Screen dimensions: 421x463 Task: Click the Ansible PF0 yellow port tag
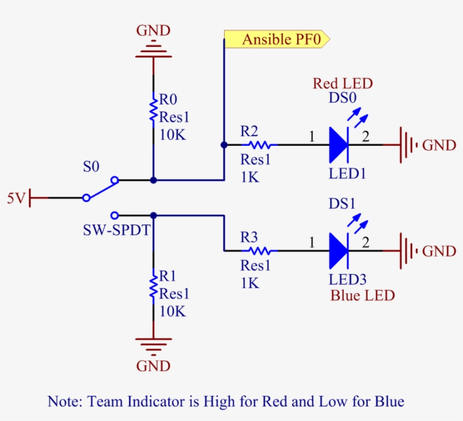276,40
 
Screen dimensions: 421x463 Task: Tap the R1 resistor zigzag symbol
153,285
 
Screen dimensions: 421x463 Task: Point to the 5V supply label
15,198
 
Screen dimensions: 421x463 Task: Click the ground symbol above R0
153,50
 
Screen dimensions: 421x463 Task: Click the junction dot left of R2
224,145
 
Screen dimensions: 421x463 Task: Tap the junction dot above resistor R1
153,215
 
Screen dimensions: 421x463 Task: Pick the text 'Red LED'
343,84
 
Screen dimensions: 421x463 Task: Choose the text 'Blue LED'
362,296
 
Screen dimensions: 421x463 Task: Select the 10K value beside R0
173,136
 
